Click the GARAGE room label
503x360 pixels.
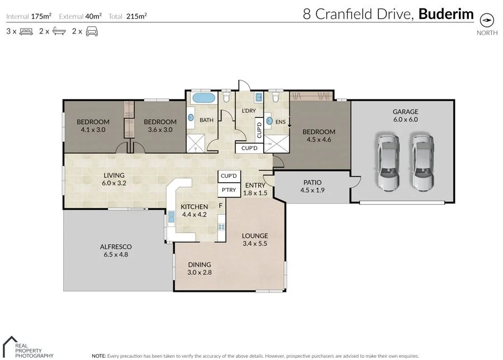click(405, 111)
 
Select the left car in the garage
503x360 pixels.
click(387, 162)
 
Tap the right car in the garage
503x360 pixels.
click(423, 162)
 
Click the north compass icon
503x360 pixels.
click(487, 20)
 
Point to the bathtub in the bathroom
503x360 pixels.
click(203, 99)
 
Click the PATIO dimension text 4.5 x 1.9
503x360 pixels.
click(312, 190)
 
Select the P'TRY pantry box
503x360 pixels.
click(228, 191)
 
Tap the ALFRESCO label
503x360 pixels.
click(116, 246)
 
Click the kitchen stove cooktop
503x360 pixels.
click(221, 227)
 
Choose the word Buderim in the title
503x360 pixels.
click(446, 14)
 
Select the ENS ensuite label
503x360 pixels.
click(281, 121)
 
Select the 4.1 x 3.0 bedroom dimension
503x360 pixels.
click(93, 129)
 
